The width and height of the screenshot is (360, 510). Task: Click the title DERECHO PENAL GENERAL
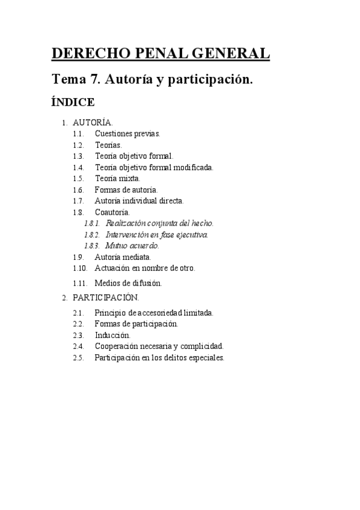coord(161,54)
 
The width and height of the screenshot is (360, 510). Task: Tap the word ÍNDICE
coord(73,102)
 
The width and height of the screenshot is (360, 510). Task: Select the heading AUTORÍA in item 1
coord(93,123)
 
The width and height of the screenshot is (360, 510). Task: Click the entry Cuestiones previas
coord(127,134)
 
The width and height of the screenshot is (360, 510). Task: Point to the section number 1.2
coord(78,145)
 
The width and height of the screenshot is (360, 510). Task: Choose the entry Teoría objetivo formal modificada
coord(154,167)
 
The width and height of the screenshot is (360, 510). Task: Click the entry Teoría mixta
coord(118,179)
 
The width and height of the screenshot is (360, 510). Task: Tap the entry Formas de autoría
coord(126,189)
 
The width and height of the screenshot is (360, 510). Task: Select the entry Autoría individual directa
coord(139,201)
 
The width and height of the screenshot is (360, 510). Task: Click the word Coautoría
coord(112,212)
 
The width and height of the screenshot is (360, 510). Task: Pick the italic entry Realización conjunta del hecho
coord(159,223)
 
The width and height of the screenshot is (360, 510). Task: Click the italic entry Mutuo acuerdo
coord(132,245)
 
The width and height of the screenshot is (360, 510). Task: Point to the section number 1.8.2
coord(93,235)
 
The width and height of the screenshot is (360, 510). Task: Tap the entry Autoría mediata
coord(123,257)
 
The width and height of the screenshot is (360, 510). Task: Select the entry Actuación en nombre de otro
coord(145,268)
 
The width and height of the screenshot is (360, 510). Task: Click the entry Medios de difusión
coord(129,282)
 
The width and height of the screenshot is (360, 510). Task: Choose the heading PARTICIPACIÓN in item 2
coord(106,297)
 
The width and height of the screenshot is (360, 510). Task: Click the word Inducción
coord(112,335)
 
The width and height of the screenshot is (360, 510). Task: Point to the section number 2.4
coord(78,346)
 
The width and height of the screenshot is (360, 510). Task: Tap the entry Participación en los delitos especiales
coord(159,357)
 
